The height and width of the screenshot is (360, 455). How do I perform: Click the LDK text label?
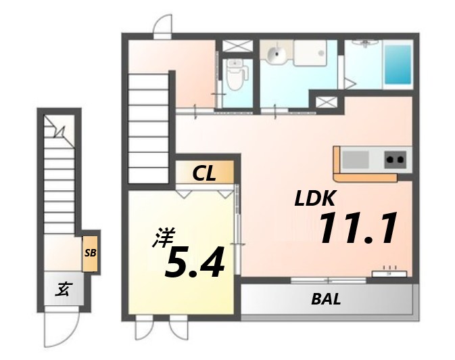click(x=315, y=199)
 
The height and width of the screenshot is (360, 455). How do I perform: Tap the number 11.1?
click(x=356, y=229)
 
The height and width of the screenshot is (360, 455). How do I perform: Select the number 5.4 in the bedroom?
click(x=194, y=263)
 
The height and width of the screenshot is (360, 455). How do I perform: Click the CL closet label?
click(x=203, y=174)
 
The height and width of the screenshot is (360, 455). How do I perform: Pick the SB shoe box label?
click(x=90, y=253)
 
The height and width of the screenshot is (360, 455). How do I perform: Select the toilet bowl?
click(x=235, y=76)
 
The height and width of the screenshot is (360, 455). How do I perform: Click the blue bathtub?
click(x=398, y=66)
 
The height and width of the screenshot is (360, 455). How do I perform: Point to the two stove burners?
click(x=395, y=160)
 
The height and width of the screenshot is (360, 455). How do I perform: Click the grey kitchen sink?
click(x=356, y=160)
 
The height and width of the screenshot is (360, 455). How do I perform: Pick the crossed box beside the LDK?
click(x=326, y=103)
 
